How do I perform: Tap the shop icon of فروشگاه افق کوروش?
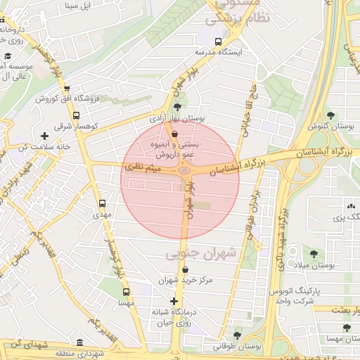pyautogui.click(x=67, y=89)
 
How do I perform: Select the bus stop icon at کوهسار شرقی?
pyautogui.click(x=77, y=116)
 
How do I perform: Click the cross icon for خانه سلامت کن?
pyautogui.click(x=45, y=135)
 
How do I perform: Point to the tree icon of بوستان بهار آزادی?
pyautogui.click(x=176, y=107)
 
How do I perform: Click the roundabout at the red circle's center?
pyautogui.click(x=185, y=170)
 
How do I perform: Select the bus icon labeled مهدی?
pyautogui.click(x=103, y=202)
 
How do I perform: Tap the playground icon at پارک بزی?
pyautogui.click(x=350, y=206)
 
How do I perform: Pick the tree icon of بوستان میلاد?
pyautogui.click(x=314, y=253)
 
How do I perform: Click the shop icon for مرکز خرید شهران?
pyautogui.click(x=185, y=269)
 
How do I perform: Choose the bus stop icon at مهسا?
pyautogui.click(x=126, y=292)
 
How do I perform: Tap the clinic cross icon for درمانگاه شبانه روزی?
pyautogui.click(x=174, y=301)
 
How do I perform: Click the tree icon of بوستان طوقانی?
pyautogui.click(x=236, y=335)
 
